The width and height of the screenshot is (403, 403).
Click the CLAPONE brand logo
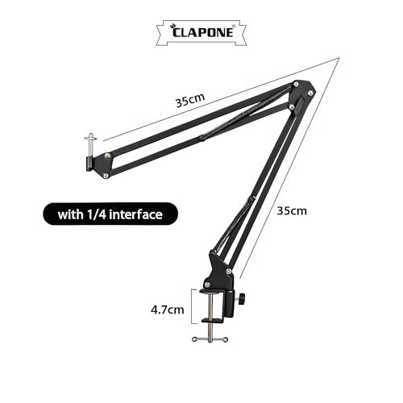[201, 32]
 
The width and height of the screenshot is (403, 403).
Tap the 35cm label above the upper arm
[190, 100]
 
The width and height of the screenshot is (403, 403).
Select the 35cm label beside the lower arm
[292, 211]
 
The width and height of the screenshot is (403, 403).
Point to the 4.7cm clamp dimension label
[168, 310]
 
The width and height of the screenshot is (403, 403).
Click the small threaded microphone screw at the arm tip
[90, 145]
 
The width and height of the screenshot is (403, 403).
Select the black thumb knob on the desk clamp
[241, 299]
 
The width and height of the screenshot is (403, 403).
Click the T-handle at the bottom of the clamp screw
[210, 339]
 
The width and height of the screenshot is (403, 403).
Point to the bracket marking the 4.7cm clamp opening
[192, 306]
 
